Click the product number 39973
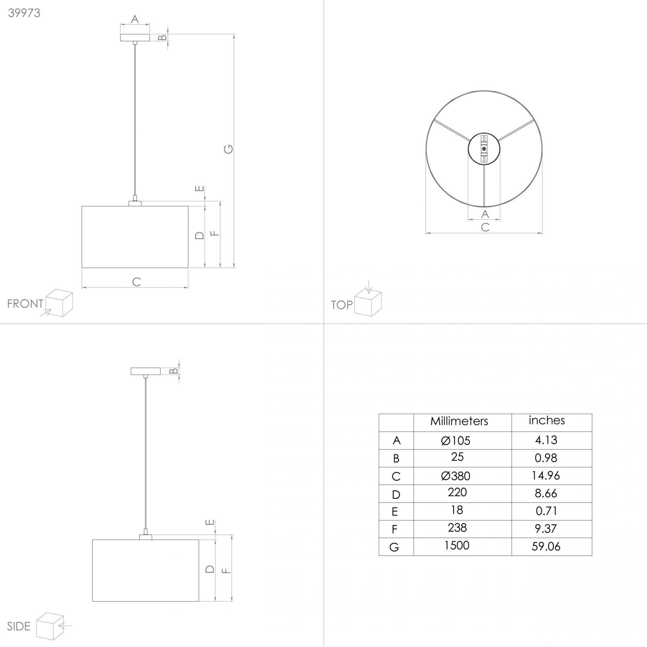point(24,13)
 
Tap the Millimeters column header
point(459,421)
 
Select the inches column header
point(547,420)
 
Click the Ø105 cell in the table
point(456,441)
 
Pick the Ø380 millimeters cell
point(456,476)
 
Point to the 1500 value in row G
point(457,546)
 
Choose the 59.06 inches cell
point(546,547)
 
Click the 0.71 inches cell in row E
point(546,511)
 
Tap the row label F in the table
point(394,529)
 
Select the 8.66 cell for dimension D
point(546,493)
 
